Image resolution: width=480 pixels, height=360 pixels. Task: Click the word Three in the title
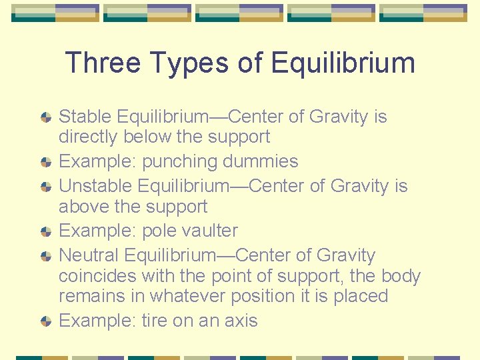[103, 64]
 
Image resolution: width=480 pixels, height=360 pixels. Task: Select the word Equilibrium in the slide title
[343, 64]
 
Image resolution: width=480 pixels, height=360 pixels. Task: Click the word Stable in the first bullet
[85, 117]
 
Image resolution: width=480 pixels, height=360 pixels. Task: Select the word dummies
[260, 161]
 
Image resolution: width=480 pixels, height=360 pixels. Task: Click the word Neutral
[89, 255]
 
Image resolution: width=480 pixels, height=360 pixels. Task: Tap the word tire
[155, 321]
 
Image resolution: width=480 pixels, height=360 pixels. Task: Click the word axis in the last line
[240, 321]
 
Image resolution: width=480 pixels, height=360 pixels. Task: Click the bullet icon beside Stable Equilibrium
[45, 117]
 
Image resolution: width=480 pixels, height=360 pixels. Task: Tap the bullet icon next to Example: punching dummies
[45, 162]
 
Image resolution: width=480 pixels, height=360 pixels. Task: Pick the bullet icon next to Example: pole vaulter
[45, 231]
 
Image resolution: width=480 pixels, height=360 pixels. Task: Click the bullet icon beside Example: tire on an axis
[45, 321]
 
